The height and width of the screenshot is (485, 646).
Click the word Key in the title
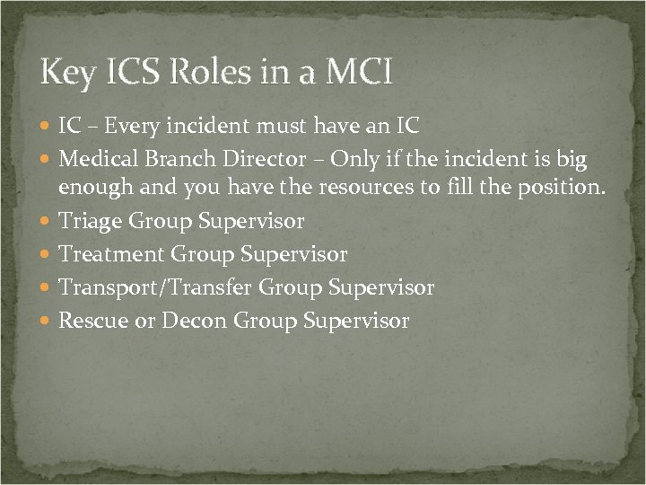[66, 72]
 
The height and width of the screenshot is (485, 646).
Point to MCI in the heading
[356, 72]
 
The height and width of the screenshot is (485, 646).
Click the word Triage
[90, 221]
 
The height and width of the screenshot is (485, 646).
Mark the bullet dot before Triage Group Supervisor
[47, 221]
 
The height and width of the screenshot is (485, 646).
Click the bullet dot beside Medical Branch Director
[47, 161]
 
